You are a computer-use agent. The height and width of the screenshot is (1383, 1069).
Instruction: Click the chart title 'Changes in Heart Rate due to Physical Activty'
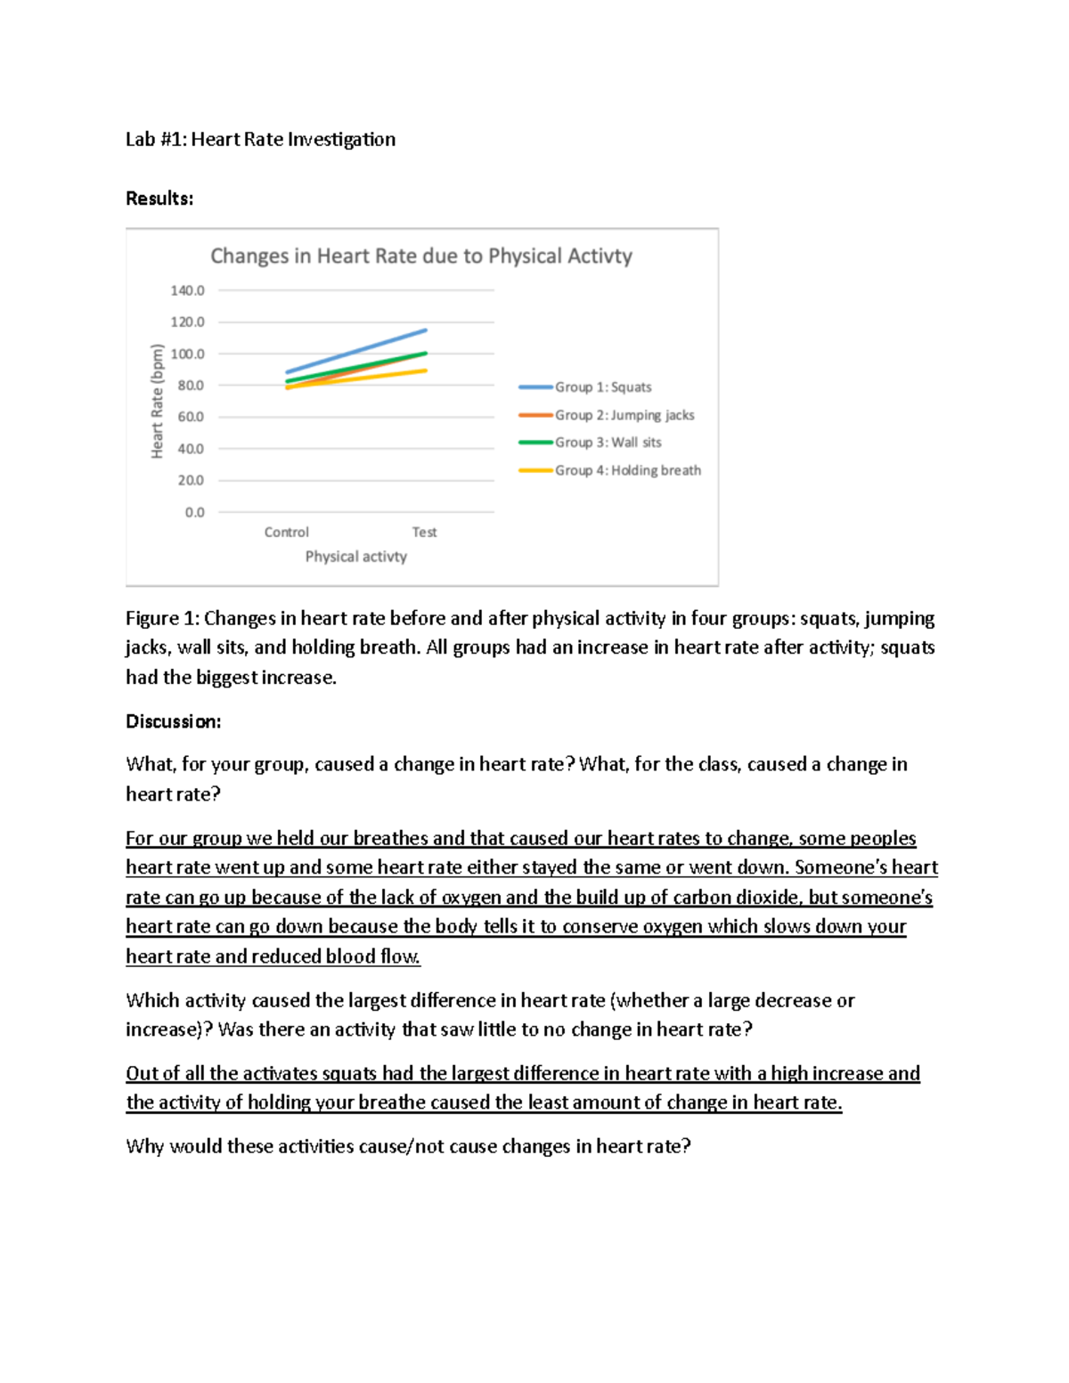pos(420,256)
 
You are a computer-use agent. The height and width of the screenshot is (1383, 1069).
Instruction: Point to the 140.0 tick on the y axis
pos(187,290)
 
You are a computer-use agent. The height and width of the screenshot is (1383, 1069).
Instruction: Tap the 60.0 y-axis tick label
pos(190,417)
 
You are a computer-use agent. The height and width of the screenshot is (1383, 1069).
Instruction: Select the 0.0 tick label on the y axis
pos(194,512)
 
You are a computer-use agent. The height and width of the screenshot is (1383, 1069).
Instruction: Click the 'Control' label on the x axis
pos(286,533)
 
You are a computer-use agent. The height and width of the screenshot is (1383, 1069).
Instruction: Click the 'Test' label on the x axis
pos(424,533)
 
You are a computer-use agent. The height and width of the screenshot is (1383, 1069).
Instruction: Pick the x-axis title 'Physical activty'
pos(355,557)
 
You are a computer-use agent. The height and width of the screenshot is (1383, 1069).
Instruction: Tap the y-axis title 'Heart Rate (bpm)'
pos(158,401)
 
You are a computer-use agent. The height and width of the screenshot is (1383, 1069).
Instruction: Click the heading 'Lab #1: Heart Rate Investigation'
pos(260,140)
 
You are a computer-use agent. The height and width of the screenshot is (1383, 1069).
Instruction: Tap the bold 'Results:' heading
pos(159,199)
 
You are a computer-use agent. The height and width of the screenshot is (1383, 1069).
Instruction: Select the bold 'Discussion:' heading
pos(173,721)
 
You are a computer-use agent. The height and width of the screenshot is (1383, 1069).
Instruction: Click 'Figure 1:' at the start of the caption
pos(162,619)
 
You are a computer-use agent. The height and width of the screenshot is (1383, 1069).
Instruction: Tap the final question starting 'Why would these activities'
pos(408,1146)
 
